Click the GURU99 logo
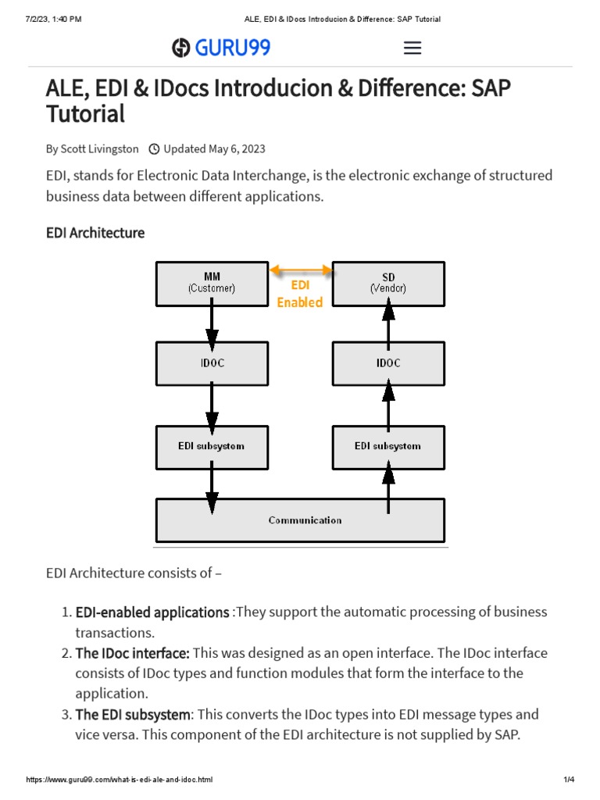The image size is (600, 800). [221, 48]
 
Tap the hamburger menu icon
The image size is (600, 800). [412, 48]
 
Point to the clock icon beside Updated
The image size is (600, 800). [154, 148]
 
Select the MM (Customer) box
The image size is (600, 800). [212, 283]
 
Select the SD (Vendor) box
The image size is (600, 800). [388, 283]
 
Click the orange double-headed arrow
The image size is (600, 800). [301, 270]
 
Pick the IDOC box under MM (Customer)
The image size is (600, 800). [212, 363]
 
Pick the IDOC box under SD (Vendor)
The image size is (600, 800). [388, 363]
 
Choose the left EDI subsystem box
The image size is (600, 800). [212, 446]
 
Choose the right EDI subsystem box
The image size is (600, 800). [388, 446]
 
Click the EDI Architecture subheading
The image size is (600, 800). [95, 233]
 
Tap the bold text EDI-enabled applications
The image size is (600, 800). [152, 612]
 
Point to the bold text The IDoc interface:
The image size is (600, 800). [132, 652]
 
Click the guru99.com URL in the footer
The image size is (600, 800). [120, 780]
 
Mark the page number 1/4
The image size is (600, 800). [569, 780]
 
